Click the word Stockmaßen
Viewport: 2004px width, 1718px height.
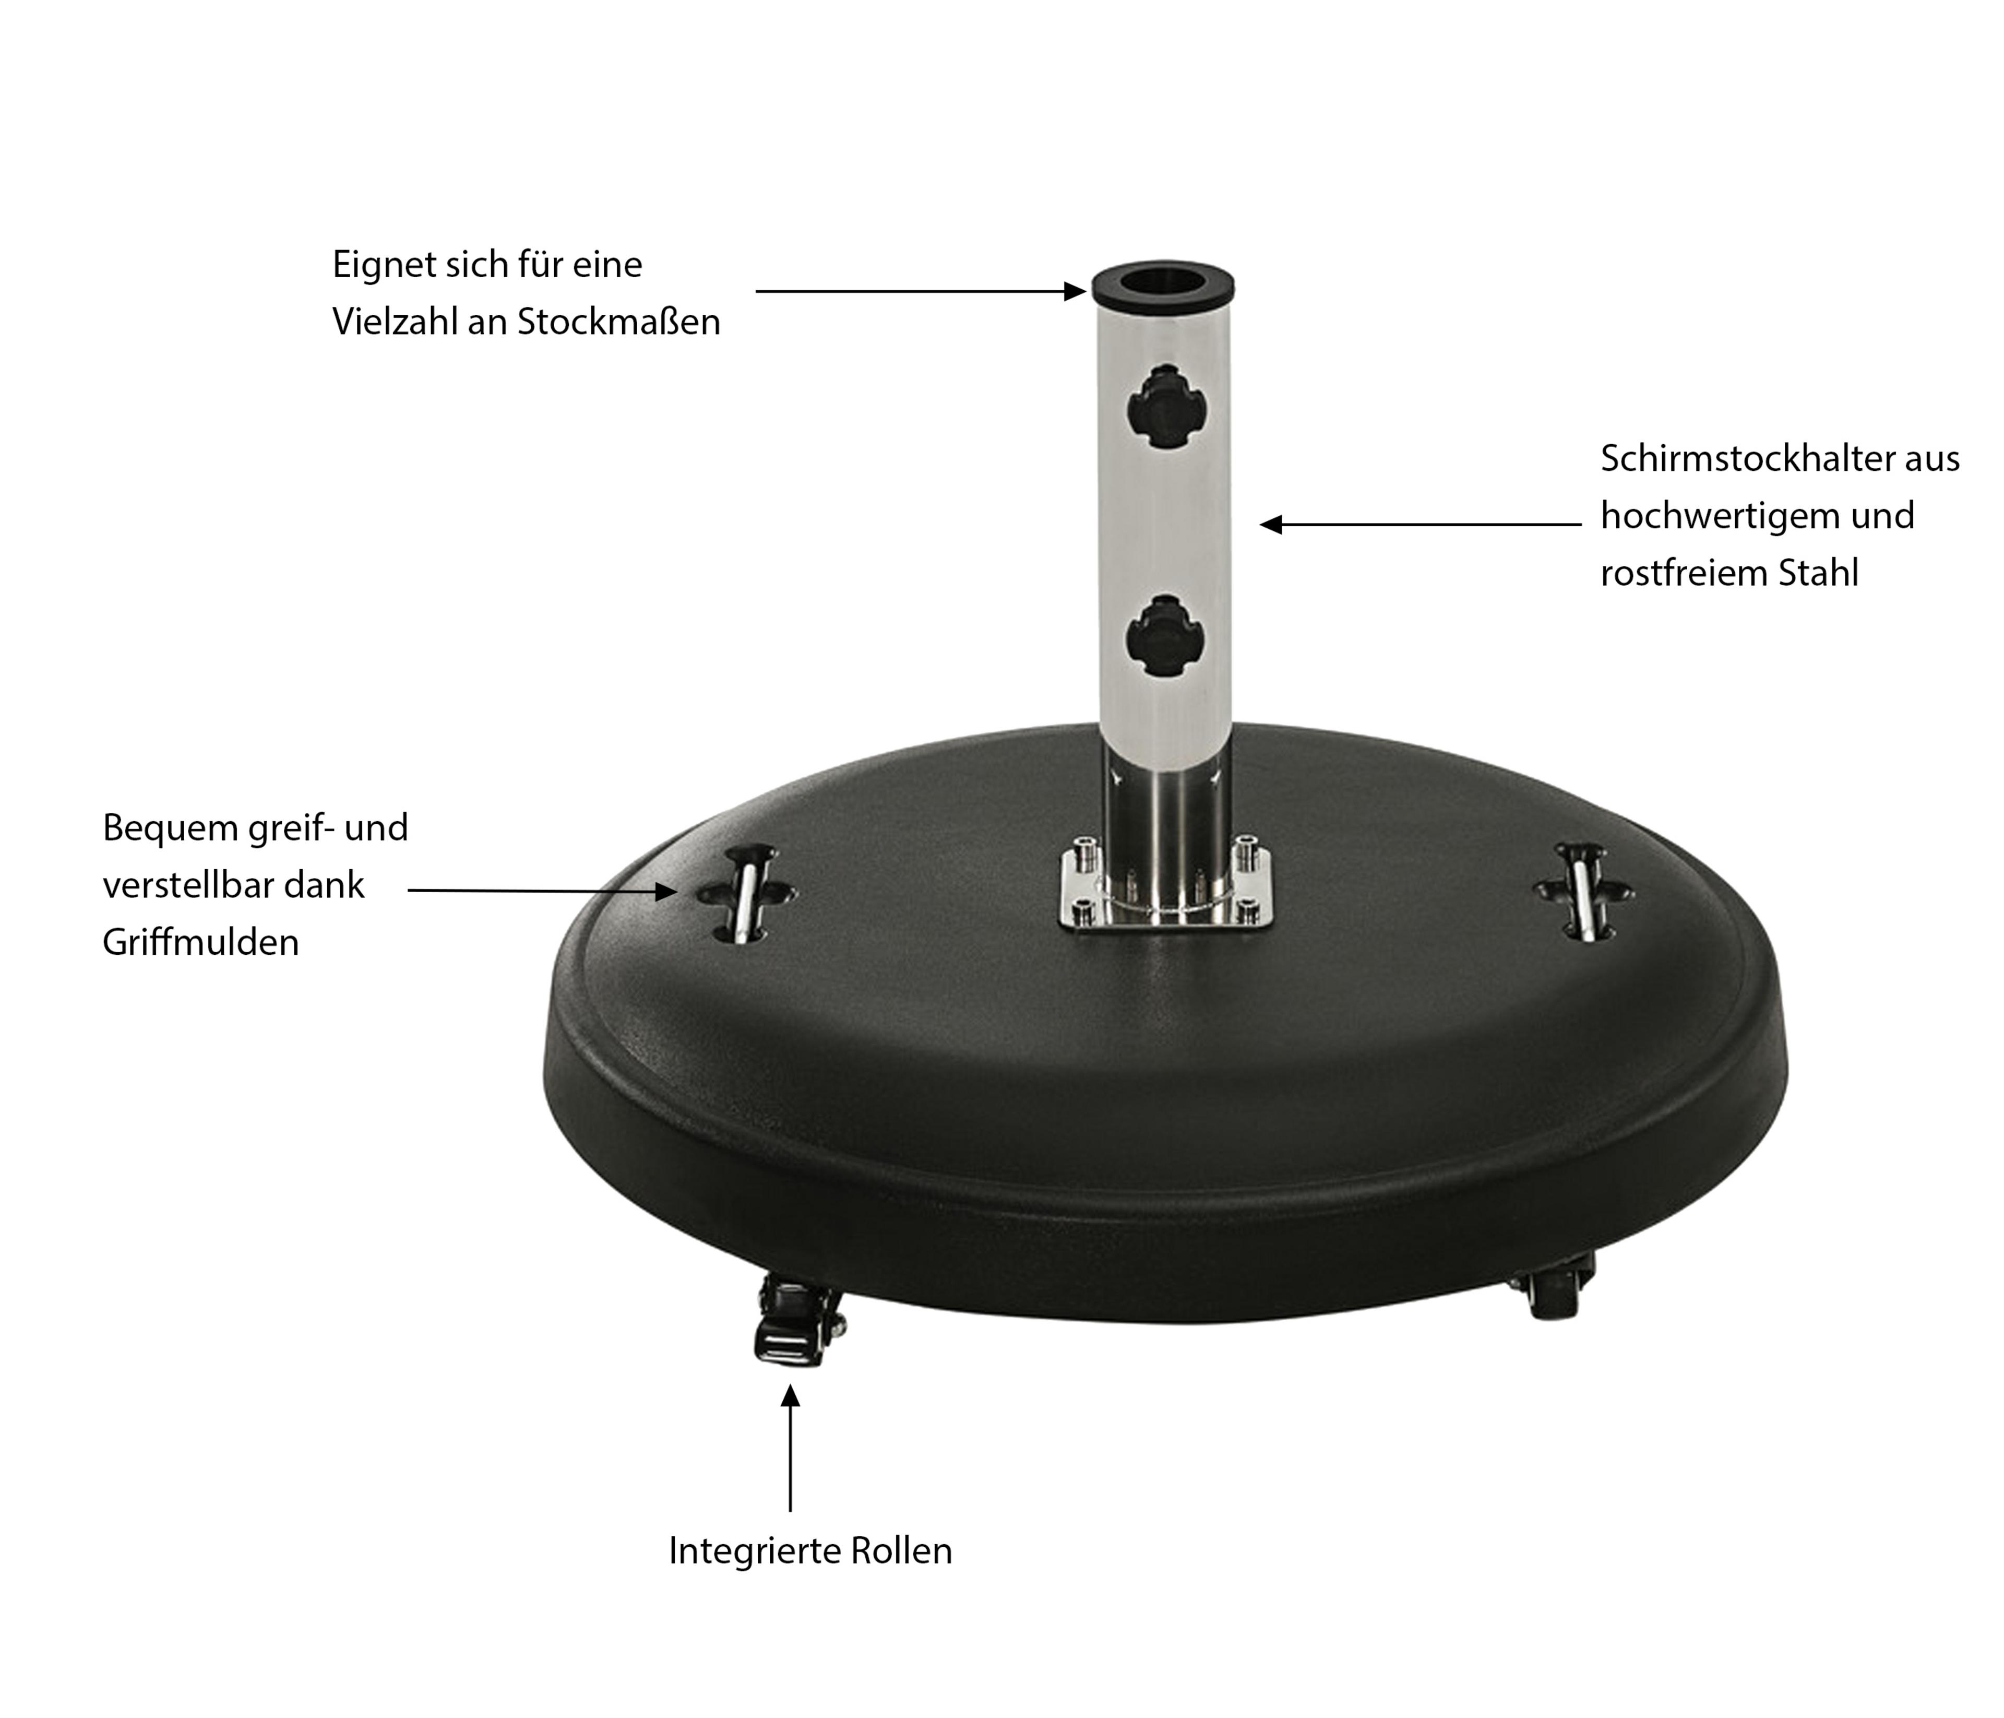619,322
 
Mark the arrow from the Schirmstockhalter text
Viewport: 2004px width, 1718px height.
1421,524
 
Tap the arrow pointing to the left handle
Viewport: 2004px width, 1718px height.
543,890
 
